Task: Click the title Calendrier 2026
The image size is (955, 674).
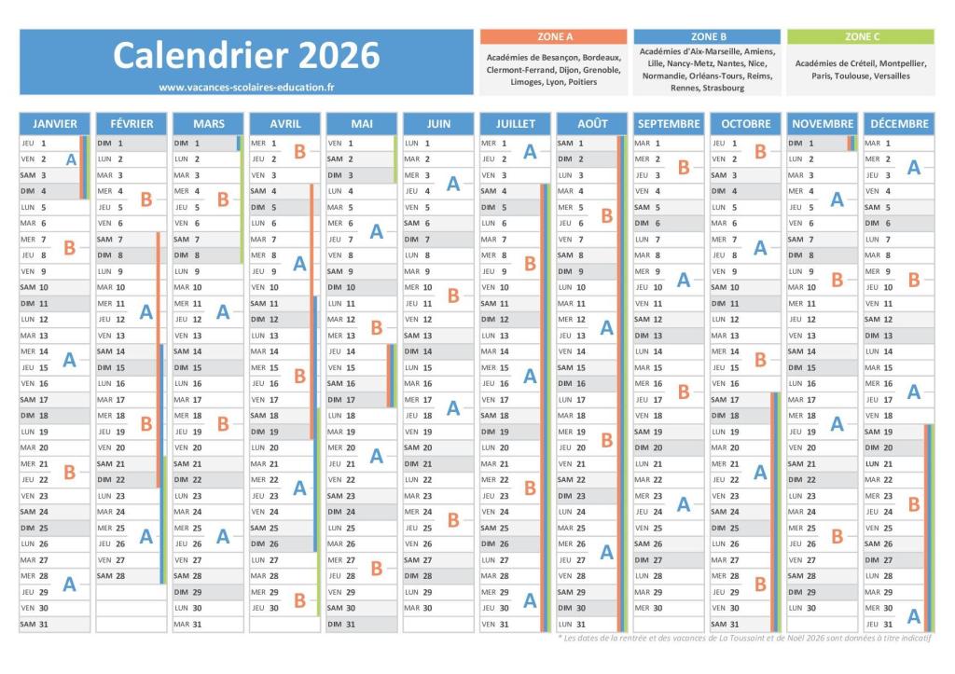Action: (246, 55)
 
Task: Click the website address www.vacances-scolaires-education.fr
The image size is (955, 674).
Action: (246, 87)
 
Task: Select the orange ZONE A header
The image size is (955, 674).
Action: (554, 36)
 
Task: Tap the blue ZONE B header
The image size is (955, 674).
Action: (709, 36)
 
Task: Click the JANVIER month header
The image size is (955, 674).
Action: (55, 123)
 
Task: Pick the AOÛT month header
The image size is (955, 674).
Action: (592, 123)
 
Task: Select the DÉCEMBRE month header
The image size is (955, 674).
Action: (899, 123)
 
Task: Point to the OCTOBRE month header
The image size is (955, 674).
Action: (745, 123)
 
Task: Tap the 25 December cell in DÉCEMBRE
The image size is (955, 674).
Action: (887, 528)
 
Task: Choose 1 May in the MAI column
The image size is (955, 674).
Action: (349, 144)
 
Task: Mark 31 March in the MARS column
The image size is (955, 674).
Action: (196, 624)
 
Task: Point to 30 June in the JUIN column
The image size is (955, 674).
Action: (425, 608)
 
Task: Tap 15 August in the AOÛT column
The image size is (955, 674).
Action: (579, 367)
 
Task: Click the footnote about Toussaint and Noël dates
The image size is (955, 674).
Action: (746, 638)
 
